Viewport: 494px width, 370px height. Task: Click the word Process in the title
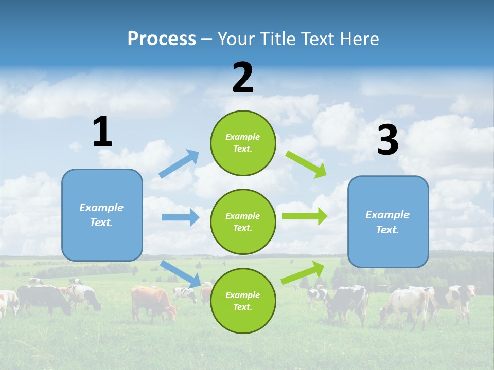coord(162,39)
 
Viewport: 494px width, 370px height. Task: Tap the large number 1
coord(102,132)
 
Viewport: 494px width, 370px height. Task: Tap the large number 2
coord(243,78)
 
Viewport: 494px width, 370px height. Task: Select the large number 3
coord(387,140)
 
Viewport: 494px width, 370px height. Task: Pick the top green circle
coord(243,143)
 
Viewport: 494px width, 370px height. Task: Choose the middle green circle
coord(243,221)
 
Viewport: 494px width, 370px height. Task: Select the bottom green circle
coord(243,301)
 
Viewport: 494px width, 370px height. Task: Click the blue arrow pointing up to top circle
coord(179,163)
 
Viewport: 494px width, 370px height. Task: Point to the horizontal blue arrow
coord(180,217)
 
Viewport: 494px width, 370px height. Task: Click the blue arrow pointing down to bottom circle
coord(181,274)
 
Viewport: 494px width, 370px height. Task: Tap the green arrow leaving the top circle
coord(307,164)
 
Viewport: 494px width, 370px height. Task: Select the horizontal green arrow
coord(305,216)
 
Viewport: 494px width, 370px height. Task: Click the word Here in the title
coord(360,39)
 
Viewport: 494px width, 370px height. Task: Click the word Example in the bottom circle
coord(243,295)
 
